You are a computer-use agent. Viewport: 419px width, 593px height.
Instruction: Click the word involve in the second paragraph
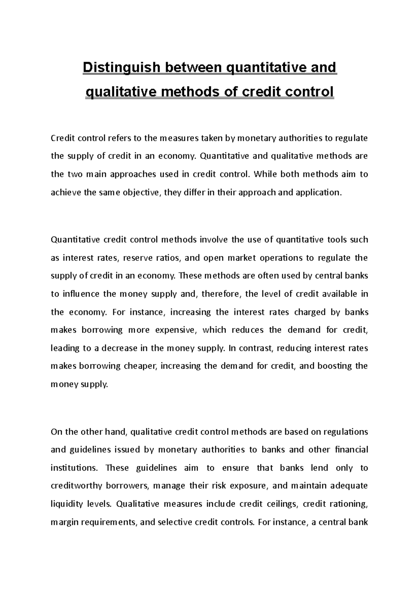click(214, 240)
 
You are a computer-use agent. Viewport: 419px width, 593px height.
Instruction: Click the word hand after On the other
click(117, 432)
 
